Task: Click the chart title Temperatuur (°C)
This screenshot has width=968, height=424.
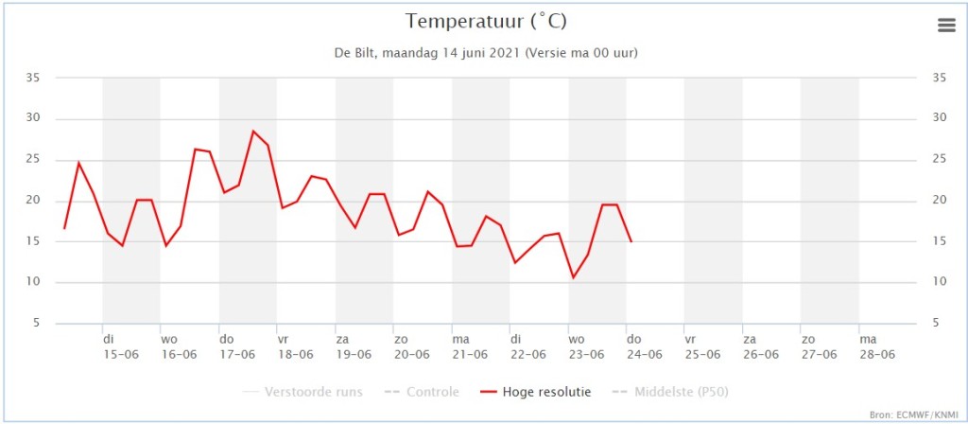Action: click(486, 22)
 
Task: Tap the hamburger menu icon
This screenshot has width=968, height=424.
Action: click(945, 25)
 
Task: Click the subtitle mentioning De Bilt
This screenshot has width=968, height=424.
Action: click(486, 53)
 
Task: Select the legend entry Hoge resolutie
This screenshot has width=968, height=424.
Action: click(535, 392)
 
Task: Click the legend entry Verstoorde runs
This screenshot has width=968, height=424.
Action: click(303, 392)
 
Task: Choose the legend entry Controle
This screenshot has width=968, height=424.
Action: click(421, 392)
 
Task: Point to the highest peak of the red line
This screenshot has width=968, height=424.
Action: click(252, 131)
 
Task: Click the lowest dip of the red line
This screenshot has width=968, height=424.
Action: click(573, 277)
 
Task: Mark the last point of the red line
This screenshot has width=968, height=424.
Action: click(631, 241)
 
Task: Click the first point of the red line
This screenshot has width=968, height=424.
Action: click(64, 229)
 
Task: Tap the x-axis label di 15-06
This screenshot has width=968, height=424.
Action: click(121, 346)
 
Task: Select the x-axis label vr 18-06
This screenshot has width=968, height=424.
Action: click(296, 346)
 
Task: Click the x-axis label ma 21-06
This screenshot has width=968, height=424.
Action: click(471, 346)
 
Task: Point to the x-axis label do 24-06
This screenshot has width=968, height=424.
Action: click(645, 346)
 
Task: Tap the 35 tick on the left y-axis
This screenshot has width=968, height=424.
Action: click(32, 78)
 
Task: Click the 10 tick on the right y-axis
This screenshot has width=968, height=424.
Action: click(940, 282)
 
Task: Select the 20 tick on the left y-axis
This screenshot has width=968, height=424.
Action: click(32, 201)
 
